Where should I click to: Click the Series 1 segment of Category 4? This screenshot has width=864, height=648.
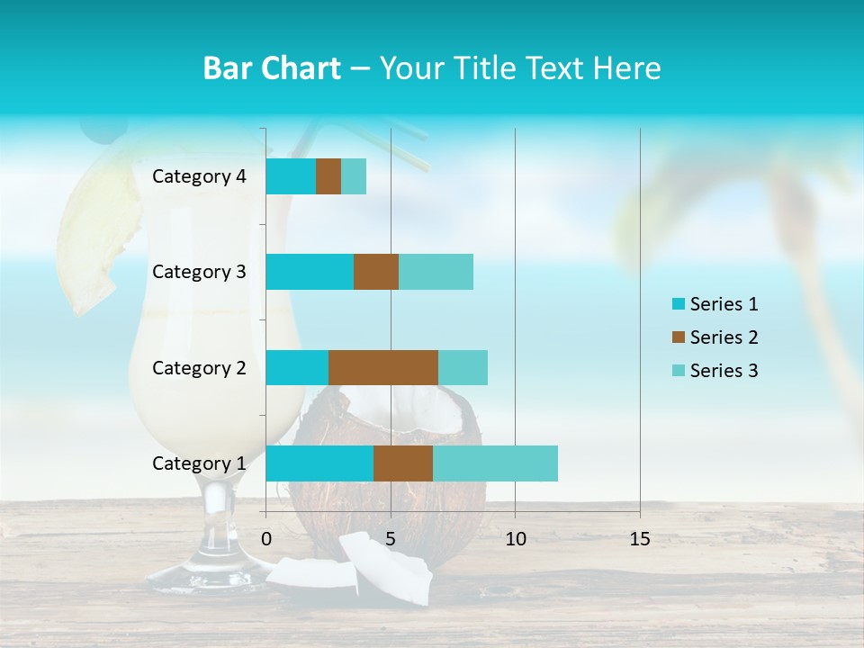[291, 176]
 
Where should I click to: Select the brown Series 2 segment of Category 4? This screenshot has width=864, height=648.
[328, 176]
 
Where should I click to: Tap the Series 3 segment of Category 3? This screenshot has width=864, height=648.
[436, 272]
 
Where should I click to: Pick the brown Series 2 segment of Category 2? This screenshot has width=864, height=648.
[383, 367]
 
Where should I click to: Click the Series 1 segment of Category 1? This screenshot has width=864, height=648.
[319, 463]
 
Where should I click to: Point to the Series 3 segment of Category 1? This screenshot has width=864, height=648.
[495, 463]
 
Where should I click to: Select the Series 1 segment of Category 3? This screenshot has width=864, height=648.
[310, 272]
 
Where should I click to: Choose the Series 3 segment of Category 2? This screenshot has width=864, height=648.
[463, 367]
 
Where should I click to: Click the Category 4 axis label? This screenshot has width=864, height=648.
[199, 176]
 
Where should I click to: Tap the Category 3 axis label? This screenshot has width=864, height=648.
[199, 272]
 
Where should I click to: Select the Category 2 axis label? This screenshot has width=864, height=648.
[199, 367]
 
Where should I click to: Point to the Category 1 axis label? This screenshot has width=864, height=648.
[199, 463]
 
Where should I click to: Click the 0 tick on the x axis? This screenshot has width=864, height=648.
[266, 539]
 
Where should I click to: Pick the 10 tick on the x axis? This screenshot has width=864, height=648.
[515, 539]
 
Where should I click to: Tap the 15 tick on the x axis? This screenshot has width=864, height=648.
[640, 539]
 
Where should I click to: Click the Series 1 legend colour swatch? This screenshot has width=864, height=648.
[678, 304]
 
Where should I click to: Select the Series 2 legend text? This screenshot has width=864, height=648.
[724, 337]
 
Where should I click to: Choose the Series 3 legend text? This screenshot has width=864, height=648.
[724, 371]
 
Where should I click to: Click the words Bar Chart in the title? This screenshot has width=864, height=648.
[271, 68]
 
